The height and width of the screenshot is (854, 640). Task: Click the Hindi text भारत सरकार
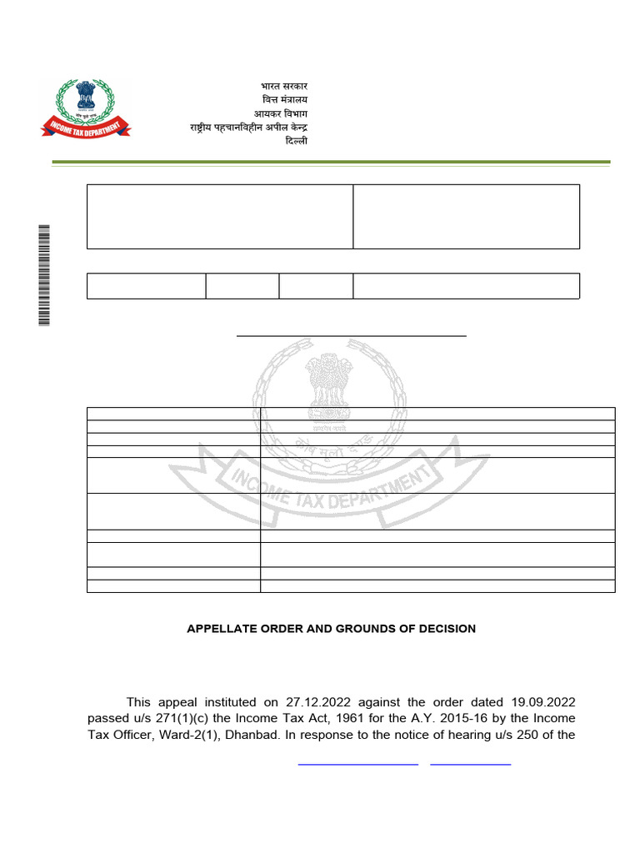click(x=284, y=87)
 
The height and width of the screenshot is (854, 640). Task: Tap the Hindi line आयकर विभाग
click(x=281, y=113)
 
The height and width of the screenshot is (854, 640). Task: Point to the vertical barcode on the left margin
click(x=44, y=275)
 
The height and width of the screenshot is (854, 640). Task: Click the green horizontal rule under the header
click(x=331, y=162)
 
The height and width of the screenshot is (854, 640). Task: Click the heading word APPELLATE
click(x=220, y=629)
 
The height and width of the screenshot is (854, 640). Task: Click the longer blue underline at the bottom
click(x=357, y=763)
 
